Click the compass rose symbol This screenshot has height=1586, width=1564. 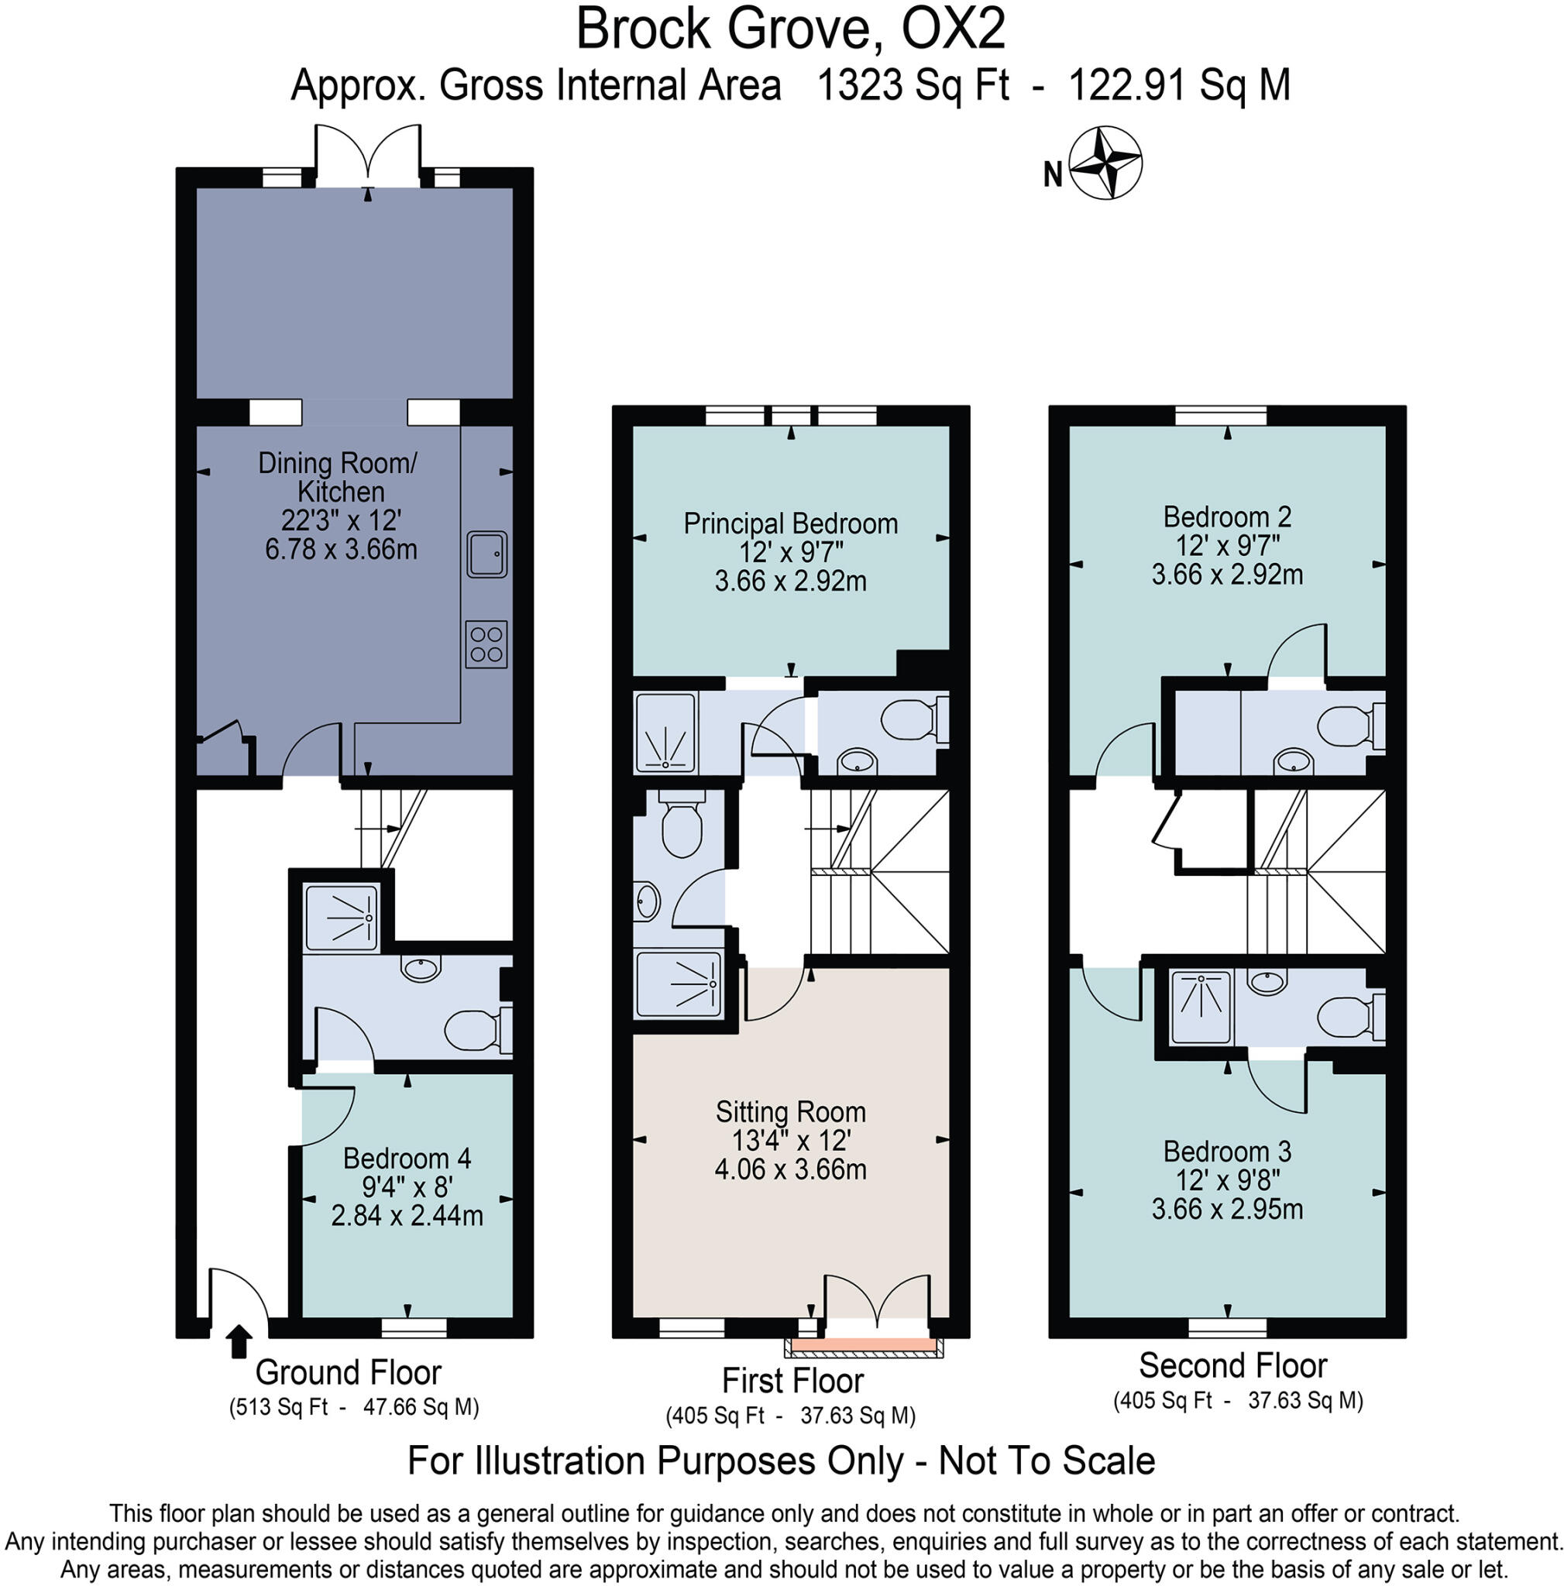(x=1106, y=163)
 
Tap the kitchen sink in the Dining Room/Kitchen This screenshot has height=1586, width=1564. (x=486, y=554)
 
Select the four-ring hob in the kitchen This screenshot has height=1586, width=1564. (x=486, y=644)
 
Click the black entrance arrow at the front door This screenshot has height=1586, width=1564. (x=239, y=1341)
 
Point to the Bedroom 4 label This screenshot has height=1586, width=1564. (x=407, y=1159)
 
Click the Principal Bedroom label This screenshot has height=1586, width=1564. (x=790, y=524)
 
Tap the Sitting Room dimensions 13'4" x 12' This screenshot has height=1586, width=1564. (x=790, y=1140)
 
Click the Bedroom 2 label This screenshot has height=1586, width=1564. (x=1226, y=517)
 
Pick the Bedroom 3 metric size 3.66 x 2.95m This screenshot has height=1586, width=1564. (x=1226, y=1209)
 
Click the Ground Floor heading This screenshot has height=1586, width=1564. (x=348, y=1372)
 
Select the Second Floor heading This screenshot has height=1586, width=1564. (x=1232, y=1366)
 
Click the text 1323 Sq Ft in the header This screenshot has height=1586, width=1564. (x=913, y=85)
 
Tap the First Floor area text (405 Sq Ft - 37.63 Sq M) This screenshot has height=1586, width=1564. (x=790, y=1416)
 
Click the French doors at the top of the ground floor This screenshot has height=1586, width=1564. (x=368, y=156)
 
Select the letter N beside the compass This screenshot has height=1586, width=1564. (x=1053, y=175)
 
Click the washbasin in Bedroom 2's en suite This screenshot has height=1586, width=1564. (x=1293, y=760)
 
